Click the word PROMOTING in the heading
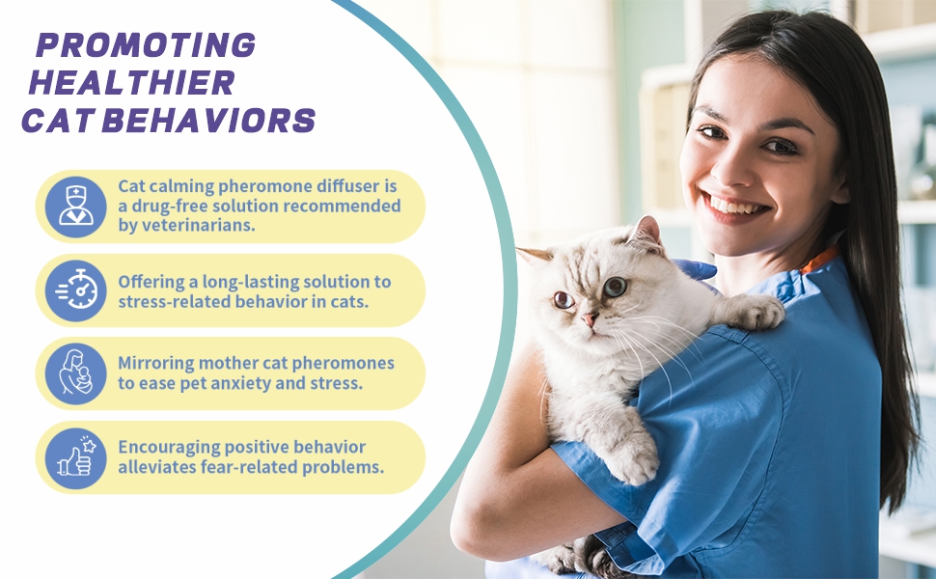[146, 44]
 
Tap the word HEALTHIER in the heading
[131, 82]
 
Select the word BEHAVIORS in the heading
[208, 120]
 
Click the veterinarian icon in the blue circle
[76, 206]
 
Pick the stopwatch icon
[77, 289]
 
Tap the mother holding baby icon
[76, 372]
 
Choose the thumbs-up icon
[76, 457]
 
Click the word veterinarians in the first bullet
[198, 226]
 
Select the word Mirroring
[155, 364]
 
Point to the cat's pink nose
[590, 317]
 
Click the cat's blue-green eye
[615, 288]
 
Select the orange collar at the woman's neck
[818, 261]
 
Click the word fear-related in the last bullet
[248, 467]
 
